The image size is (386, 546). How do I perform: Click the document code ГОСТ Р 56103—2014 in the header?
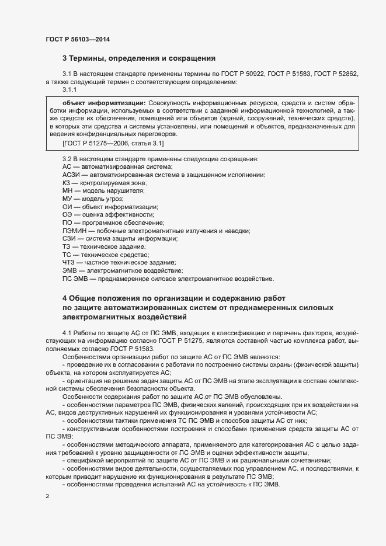click(78, 39)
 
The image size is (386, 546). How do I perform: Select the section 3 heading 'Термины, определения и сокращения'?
click(139, 58)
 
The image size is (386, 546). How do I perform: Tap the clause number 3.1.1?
click(69, 90)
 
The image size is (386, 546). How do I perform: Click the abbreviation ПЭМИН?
click(73, 231)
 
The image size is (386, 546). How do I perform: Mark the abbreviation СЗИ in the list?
click(68, 238)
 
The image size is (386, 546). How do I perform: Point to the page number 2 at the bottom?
click(47, 496)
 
